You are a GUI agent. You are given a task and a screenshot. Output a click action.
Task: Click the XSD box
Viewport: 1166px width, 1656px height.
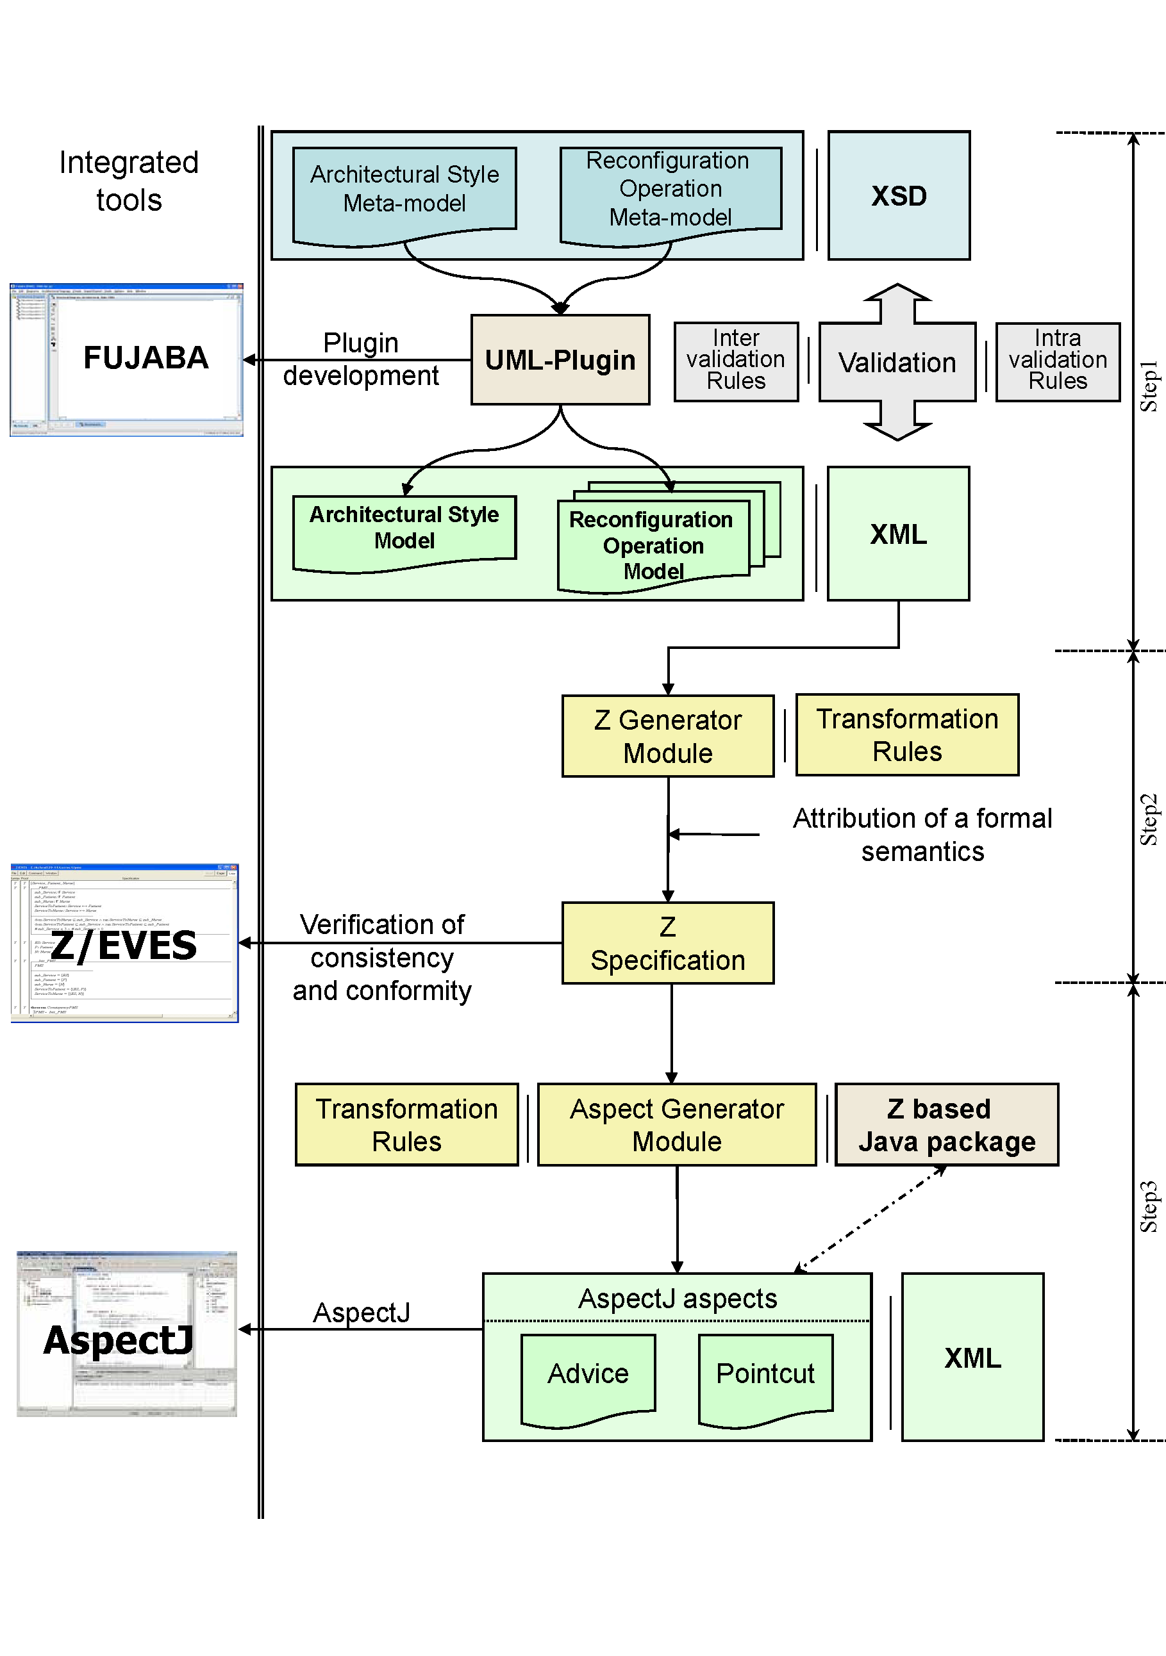pos(898,195)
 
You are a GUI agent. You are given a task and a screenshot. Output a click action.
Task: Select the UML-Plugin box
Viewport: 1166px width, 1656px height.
pos(560,360)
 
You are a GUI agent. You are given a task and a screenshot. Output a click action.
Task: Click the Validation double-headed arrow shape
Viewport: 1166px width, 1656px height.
pos(897,362)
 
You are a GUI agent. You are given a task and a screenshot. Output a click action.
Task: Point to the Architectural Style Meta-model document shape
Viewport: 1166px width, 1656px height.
pos(404,191)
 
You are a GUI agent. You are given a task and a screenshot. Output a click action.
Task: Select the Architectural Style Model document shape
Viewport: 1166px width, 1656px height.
pos(404,530)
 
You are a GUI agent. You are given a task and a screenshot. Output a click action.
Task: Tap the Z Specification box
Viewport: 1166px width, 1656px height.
pos(667,944)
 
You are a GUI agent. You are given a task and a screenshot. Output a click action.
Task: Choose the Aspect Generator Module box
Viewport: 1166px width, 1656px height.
pos(676,1124)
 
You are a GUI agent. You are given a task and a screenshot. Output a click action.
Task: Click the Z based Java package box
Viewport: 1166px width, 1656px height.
pos(946,1124)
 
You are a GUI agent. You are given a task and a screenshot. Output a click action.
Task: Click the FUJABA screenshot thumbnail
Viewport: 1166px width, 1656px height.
pos(126,360)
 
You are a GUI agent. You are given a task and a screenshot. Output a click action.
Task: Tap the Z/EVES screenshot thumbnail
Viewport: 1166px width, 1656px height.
pos(124,944)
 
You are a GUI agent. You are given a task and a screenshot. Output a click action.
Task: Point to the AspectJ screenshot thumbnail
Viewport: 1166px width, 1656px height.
pos(126,1334)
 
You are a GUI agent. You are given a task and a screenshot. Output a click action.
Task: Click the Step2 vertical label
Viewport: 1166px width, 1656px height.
pos(1148,819)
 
